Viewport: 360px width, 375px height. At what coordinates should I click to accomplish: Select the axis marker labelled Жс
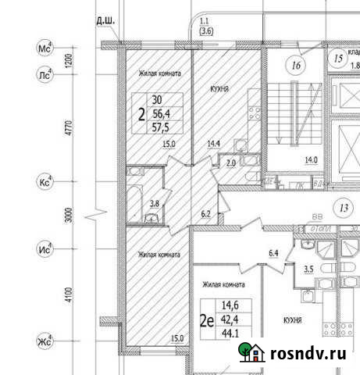click(45, 341)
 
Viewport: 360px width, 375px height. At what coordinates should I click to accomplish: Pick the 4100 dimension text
click(69, 295)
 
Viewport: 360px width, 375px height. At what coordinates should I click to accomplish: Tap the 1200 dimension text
click(69, 60)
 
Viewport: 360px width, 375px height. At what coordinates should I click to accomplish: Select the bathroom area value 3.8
click(154, 205)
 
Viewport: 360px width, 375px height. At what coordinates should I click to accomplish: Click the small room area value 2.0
click(231, 163)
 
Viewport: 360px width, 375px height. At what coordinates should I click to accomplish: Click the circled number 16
click(294, 66)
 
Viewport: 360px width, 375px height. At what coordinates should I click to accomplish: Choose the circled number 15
click(337, 58)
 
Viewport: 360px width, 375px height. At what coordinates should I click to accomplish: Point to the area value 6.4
click(273, 252)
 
